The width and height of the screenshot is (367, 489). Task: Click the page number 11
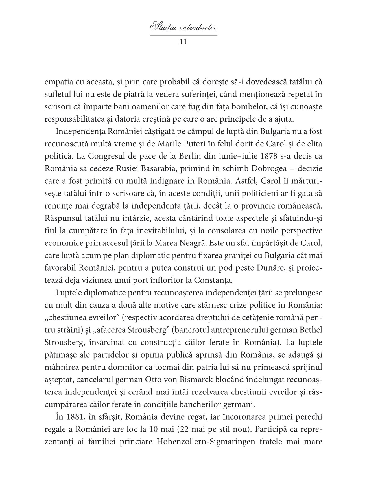(x=183, y=42)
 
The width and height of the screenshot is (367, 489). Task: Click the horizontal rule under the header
(x=183, y=35)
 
